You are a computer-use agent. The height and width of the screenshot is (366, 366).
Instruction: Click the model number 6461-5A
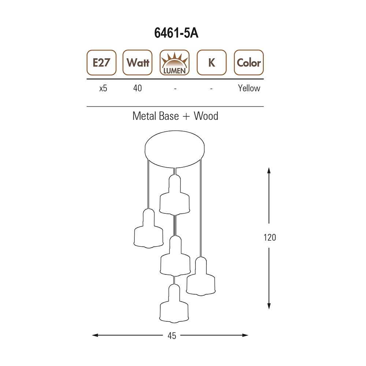(x=176, y=33)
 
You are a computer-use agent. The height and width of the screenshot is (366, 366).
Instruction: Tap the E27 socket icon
(x=101, y=63)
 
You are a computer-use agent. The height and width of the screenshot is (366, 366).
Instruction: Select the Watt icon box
(x=138, y=63)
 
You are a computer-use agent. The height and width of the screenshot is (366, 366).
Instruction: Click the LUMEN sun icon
(x=175, y=63)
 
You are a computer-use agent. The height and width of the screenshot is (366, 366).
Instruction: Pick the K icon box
(x=212, y=63)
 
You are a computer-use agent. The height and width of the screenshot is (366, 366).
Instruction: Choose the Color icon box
(x=249, y=63)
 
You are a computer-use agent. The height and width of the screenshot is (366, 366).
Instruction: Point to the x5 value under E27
(x=103, y=88)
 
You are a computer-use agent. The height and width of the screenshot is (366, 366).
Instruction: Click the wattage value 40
(x=138, y=88)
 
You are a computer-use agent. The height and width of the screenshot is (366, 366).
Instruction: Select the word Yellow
(x=249, y=88)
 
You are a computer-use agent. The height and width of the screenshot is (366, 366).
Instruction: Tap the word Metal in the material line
(x=143, y=116)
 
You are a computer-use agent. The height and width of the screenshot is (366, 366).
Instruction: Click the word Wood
(x=206, y=116)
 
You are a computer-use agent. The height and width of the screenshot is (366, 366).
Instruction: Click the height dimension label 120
(x=269, y=237)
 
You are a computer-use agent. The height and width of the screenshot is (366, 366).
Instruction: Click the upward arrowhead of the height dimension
(x=269, y=171)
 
